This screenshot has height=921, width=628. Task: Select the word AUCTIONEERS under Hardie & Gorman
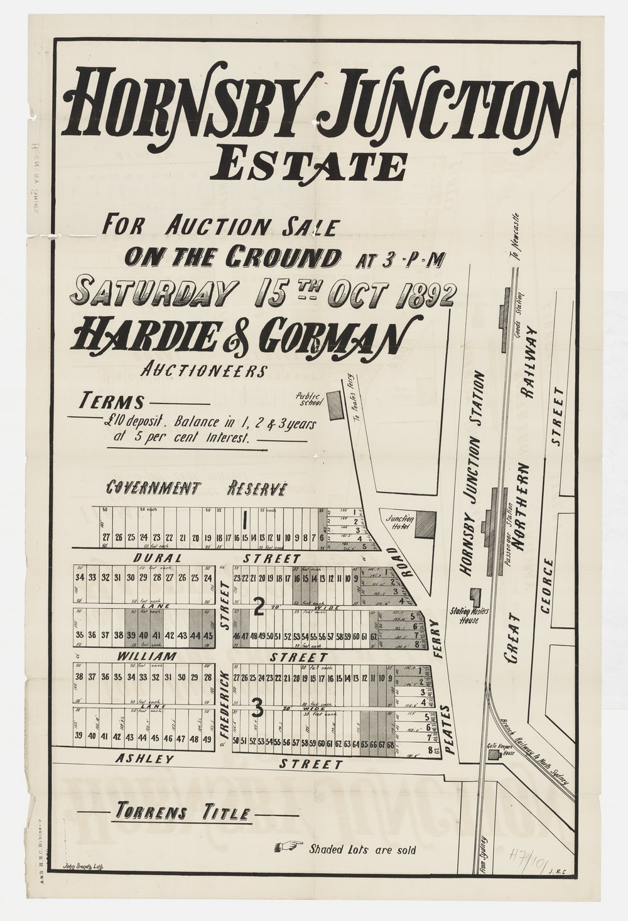coord(201,371)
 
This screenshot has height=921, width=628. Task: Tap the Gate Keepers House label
coord(501,751)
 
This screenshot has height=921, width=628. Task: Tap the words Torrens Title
coord(181,813)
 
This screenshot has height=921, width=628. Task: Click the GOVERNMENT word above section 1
coord(154,488)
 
